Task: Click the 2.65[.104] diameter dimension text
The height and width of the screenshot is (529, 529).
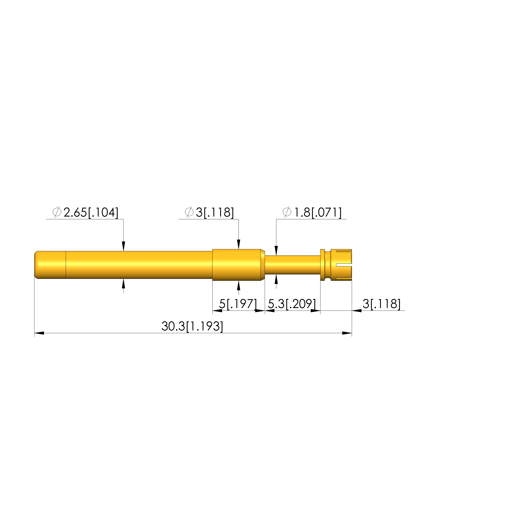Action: coord(91,213)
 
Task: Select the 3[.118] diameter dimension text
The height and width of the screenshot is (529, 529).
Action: coord(215,213)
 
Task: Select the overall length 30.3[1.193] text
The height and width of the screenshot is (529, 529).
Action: coord(192,326)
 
